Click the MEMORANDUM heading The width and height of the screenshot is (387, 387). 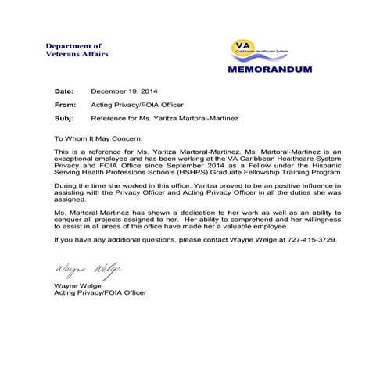tap(271, 69)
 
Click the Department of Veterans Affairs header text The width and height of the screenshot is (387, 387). tap(76, 50)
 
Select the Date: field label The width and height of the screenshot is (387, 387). tap(64, 91)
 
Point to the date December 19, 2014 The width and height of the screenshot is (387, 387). tap(124, 91)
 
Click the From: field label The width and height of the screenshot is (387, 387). tap(66, 104)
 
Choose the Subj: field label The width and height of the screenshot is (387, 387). tap(63, 117)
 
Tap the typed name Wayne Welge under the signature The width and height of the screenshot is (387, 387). tap(76, 286)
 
